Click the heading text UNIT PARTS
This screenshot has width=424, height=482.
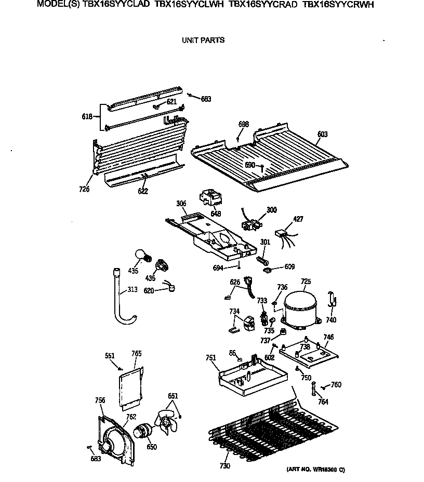click(x=203, y=40)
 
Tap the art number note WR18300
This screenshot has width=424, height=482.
click(x=315, y=470)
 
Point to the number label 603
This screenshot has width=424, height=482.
click(x=322, y=135)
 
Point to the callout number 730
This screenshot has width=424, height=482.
click(x=224, y=466)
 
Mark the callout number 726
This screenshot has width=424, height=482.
click(x=84, y=189)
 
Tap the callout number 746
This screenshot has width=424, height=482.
click(x=328, y=337)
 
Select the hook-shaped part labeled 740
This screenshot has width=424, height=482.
click(x=331, y=300)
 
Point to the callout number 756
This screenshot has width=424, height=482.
click(x=100, y=400)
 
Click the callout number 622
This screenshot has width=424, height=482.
click(x=143, y=191)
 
